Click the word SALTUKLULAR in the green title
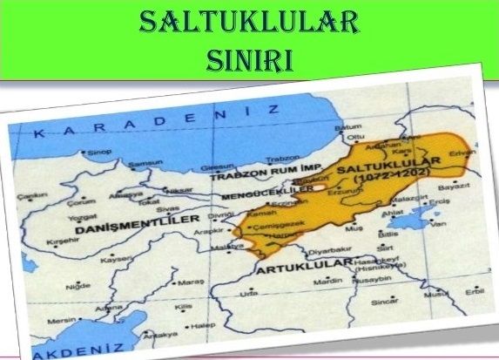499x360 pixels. (x=250, y=22)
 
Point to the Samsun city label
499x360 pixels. (x=145, y=165)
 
